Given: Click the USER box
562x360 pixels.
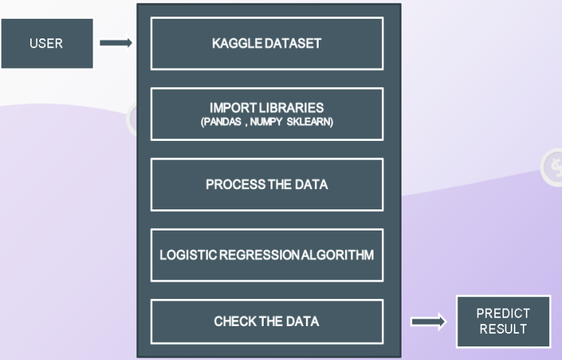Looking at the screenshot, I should pos(46,44).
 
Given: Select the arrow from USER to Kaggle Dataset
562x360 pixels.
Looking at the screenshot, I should pos(116,44).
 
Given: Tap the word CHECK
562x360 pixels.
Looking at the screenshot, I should pos(234,322).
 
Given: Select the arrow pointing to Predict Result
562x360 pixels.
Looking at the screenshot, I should pos(428,322).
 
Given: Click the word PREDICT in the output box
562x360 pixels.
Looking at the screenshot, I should pos(503,313).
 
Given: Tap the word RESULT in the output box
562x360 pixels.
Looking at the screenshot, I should pos(503,329).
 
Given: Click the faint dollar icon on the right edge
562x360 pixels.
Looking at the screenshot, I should pos(554,167).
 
